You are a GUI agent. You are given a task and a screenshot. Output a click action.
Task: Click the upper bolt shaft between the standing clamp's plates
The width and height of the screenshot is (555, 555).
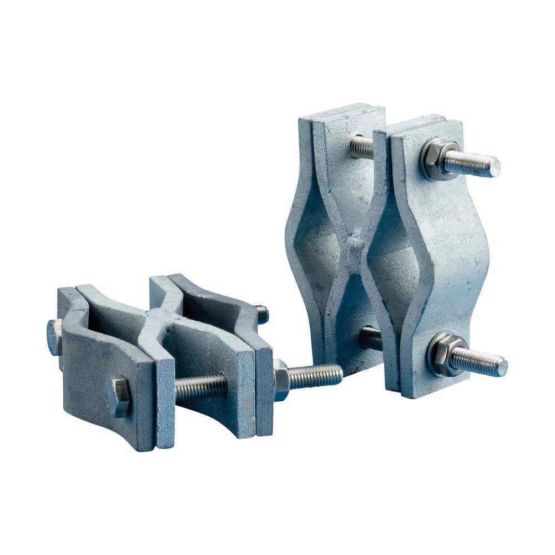coord(362,147)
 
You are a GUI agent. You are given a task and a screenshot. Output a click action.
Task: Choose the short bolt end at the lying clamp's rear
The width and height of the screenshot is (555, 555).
coord(261,315)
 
